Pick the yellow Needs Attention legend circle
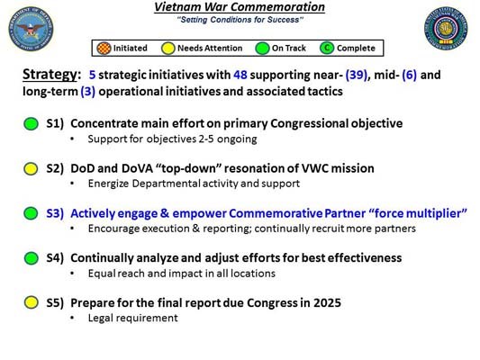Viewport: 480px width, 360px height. point(168,48)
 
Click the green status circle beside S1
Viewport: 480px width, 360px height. point(31,123)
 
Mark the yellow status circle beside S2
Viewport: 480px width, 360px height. point(31,168)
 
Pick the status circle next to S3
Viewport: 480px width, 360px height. point(31,213)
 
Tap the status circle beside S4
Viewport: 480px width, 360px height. point(31,257)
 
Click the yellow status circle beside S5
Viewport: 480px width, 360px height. point(31,301)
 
